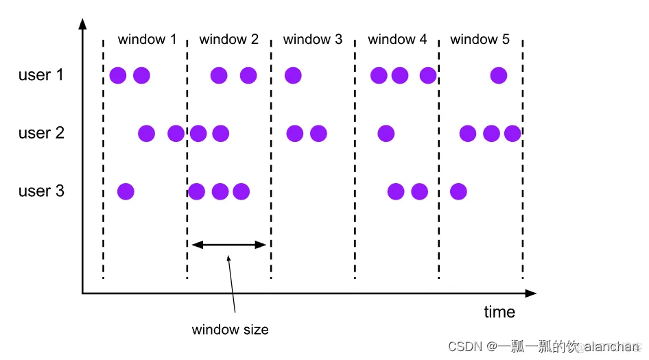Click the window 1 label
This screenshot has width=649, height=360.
click(146, 39)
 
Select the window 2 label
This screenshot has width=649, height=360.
click(228, 39)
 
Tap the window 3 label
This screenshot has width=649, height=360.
click(312, 39)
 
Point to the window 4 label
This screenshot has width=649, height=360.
click(397, 39)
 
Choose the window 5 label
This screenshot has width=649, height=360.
click(480, 39)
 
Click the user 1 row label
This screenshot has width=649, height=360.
click(40, 75)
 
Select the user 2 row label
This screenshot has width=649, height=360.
click(40, 132)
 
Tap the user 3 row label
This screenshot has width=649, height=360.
click(40, 191)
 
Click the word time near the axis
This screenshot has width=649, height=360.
click(499, 312)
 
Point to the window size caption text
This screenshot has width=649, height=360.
click(230, 330)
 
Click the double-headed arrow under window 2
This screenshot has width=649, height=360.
click(228, 244)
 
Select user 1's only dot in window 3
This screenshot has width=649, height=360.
click(293, 75)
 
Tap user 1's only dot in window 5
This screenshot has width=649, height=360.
click(499, 75)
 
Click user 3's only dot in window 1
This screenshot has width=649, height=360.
click(126, 191)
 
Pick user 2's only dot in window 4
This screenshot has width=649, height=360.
click(386, 133)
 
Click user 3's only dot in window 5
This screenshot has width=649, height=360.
click(458, 191)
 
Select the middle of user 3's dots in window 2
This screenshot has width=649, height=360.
click(220, 191)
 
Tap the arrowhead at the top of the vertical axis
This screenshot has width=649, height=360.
click(82, 24)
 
